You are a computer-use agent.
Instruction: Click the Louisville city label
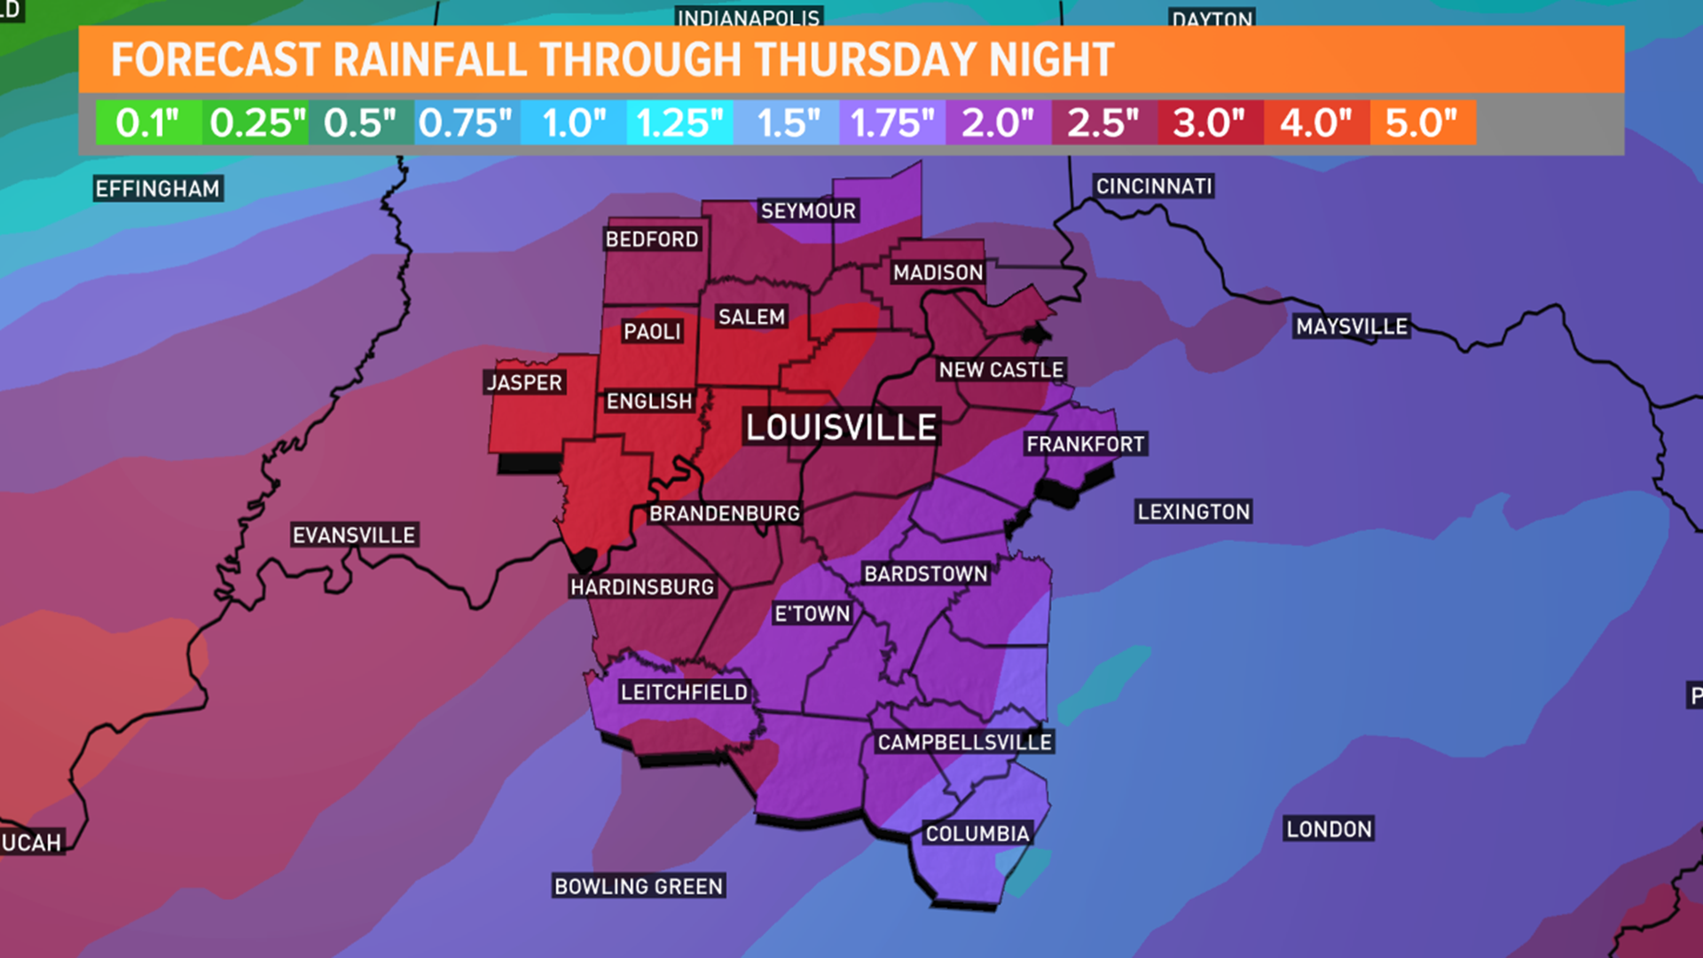841,428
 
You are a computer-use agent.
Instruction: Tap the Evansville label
354,535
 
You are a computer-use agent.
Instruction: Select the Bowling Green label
639,886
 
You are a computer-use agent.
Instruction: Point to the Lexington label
1194,512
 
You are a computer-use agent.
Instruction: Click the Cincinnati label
1154,186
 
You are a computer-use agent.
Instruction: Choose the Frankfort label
1086,444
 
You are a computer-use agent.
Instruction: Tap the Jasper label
524,382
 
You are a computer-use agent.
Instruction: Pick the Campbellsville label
965,742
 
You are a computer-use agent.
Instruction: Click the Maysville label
1352,326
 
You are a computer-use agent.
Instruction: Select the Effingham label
158,189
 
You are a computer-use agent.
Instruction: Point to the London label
1329,829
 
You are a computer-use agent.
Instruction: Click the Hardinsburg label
642,587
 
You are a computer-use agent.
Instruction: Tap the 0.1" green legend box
148,122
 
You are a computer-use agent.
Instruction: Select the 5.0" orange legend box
1422,122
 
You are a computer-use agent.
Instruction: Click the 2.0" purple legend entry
998,122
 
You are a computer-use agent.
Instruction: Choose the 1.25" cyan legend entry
679,122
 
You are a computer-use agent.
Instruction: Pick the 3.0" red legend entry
1209,122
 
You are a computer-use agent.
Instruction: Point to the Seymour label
808,211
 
